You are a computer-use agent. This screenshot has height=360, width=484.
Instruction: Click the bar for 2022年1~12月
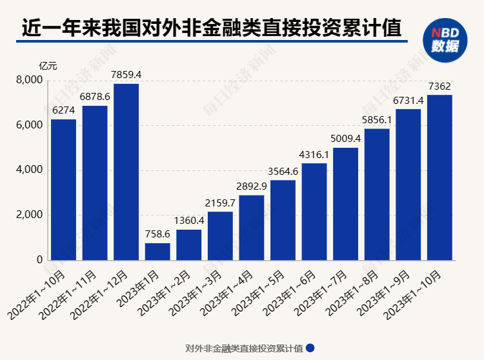coord(126,172)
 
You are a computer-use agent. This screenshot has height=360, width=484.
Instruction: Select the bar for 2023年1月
coord(157,252)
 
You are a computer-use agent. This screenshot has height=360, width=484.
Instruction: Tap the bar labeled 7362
coord(439,177)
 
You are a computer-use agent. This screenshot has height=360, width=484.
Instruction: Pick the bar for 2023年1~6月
coord(314,212)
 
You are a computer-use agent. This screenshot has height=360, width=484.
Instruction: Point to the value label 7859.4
coord(126,75)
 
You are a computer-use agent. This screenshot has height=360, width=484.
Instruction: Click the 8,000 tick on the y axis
coord(29,80)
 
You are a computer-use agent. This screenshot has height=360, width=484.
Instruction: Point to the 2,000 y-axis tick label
coord(29,215)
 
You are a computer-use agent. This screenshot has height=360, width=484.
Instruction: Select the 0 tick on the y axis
coord(39,260)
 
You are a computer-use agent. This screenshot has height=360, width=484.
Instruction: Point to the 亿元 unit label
coord(48,66)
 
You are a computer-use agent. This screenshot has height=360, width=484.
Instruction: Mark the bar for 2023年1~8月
coord(377,194)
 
